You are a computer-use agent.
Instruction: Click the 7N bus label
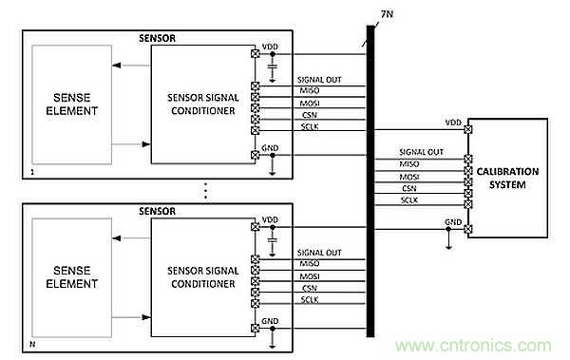tap(387, 14)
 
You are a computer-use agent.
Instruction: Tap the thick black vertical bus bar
tap(370, 181)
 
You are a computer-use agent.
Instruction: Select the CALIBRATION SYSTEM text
tap(507, 179)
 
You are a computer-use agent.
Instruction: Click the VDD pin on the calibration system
tap(468, 129)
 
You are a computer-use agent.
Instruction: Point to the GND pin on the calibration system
tap(468, 229)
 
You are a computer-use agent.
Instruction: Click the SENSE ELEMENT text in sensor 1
tap(71, 104)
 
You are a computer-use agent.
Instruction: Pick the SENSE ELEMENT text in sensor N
tap(71, 277)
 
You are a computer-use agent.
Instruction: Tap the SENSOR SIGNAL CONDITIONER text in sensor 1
tap(203, 104)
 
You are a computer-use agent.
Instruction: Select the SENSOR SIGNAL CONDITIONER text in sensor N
tap(203, 277)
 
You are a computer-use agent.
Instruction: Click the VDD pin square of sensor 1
tap(256, 54)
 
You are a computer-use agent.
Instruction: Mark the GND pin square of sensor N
tap(256, 329)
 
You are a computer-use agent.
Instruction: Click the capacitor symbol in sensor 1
tap(273, 66)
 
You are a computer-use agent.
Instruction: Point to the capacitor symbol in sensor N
tap(273, 240)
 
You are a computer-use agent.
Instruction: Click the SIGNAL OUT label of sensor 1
tap(319, 80)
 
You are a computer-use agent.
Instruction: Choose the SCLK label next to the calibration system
tap(409, 200)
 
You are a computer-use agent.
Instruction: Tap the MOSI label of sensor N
tap(310, 276)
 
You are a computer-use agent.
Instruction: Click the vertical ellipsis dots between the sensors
tap(206, 191)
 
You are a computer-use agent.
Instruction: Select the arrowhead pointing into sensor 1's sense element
tap(116, 66)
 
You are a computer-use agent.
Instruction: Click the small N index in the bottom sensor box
tap(32, 344)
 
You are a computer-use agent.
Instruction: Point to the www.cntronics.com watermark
tap(473, 346)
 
